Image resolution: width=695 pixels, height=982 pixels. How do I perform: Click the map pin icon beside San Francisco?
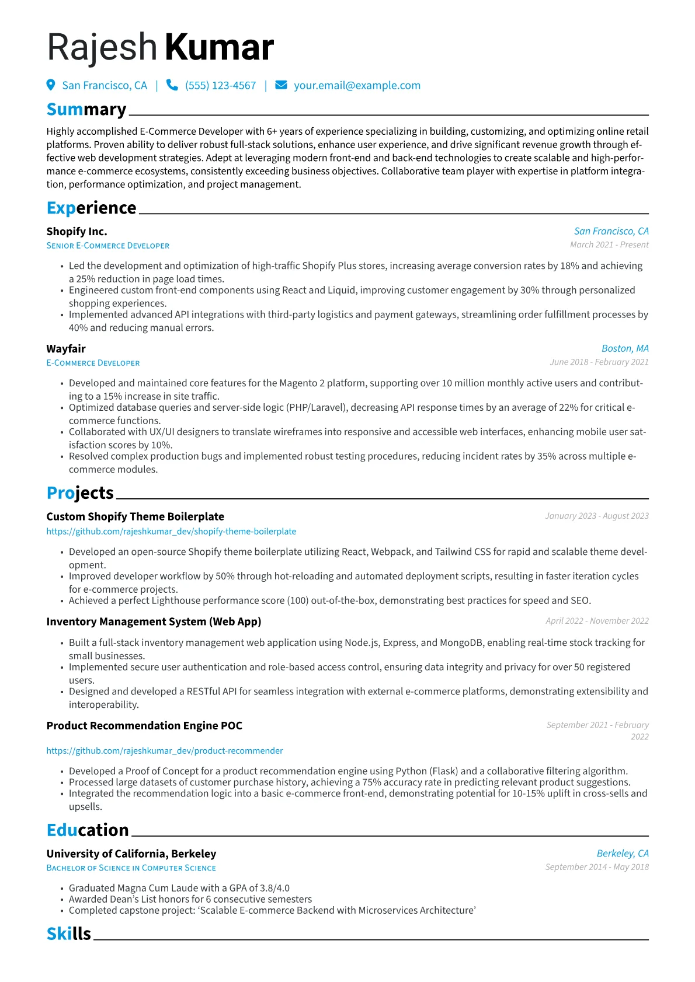pyautogui.click(x=51, y=85)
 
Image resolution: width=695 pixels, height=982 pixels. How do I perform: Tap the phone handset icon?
pyautogui.click(x=172, y=85)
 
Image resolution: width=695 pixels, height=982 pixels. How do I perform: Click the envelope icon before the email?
pyautogui.click(x=281, y=85)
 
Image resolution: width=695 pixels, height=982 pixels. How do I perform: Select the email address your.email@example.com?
pyautogui.click(x=357, y=86)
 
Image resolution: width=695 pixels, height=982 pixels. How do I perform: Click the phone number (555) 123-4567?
pyautogui.click(x=220, y=86)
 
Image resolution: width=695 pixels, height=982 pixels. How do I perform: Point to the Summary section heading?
pyautogui.click(x=86, y=110)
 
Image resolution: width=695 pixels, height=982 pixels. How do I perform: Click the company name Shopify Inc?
pyautogui.click(x=77, y=232)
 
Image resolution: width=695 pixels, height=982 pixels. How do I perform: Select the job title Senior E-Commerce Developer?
pyautogui.click(x=108, y=246)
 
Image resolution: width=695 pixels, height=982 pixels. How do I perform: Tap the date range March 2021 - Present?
pyautogui.click(x=609, y=245)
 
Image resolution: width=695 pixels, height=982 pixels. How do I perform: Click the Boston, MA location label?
pyautogui.click(x=625, y=348)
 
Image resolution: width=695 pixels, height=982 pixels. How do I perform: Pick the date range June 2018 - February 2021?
pyautogui.click(x=599, y=362)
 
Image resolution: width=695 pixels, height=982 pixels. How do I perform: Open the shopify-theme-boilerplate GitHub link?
pyautogui.click(x=171, y=532)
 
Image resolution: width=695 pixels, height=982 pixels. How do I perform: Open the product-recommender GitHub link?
pyautogui.click(x=165, y=751)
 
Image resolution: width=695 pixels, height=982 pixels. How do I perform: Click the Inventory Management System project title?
pyautogui.click(x=154, y=621)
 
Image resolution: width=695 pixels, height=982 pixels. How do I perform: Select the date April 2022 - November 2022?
pyautogui.click(x=597, y=621)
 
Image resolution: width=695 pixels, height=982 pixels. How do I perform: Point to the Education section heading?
pyautogui.click(x=88, y=830)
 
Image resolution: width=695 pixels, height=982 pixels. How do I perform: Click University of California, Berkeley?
pyautogui.click(x=131, y=854)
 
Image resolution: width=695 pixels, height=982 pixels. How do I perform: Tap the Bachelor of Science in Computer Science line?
pyautogui.click(x=131, y=868)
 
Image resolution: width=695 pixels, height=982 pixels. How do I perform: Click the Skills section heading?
pyautogui.click(x=69, y=934)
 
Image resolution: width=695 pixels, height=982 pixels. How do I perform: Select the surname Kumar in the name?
pyautogui.click(x=219, y=47)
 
